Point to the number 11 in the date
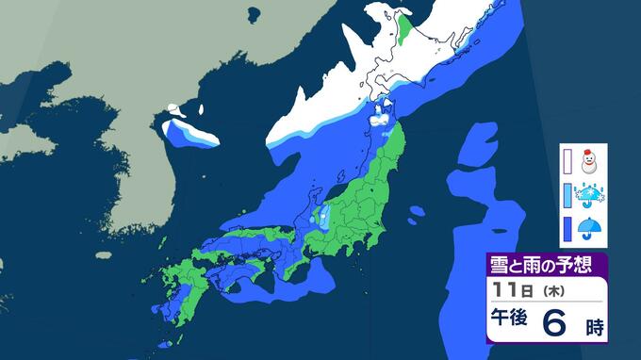click(x=505, y=287)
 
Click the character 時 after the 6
click(x=593, y=328)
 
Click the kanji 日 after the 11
click(x=524, y=288)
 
